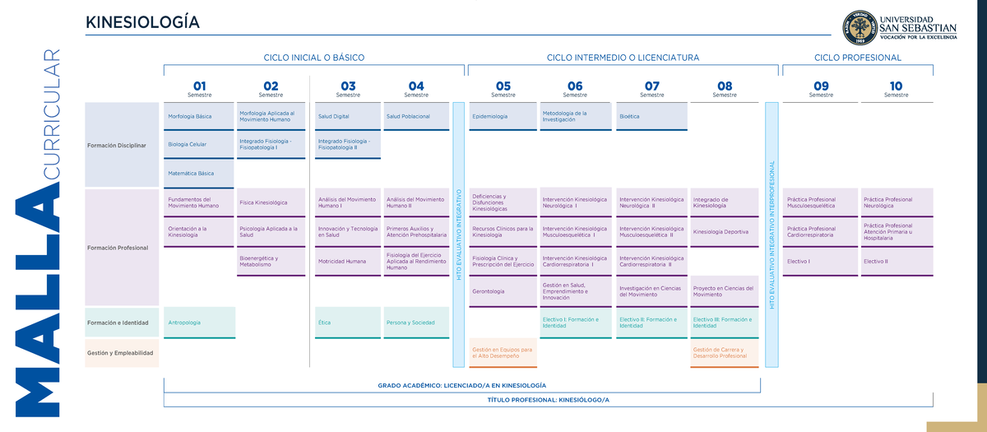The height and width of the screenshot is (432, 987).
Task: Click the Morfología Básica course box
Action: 199,116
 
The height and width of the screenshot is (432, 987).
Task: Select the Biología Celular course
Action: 199,145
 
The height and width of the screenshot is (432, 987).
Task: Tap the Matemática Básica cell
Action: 199,174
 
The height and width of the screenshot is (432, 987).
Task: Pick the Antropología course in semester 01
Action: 199,323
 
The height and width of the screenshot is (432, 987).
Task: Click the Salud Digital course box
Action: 348,116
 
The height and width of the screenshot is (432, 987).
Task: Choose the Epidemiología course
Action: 503,116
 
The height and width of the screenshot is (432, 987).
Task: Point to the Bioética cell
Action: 652,116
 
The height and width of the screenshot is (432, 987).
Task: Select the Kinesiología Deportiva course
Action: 725,232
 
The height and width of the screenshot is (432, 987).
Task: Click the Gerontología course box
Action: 503,291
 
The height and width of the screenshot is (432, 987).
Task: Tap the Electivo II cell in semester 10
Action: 896,262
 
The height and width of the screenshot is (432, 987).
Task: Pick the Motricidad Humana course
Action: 348,262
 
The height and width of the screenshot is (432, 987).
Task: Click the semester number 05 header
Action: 503,86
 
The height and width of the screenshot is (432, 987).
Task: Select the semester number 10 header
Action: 896,86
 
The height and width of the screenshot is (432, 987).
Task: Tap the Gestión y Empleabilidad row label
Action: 122,353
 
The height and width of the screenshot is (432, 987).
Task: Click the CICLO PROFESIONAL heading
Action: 858,58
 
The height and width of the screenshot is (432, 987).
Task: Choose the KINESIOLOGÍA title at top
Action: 142,22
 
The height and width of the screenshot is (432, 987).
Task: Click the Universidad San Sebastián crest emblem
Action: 860,28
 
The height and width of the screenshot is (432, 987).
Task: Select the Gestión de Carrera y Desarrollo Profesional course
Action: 725,353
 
